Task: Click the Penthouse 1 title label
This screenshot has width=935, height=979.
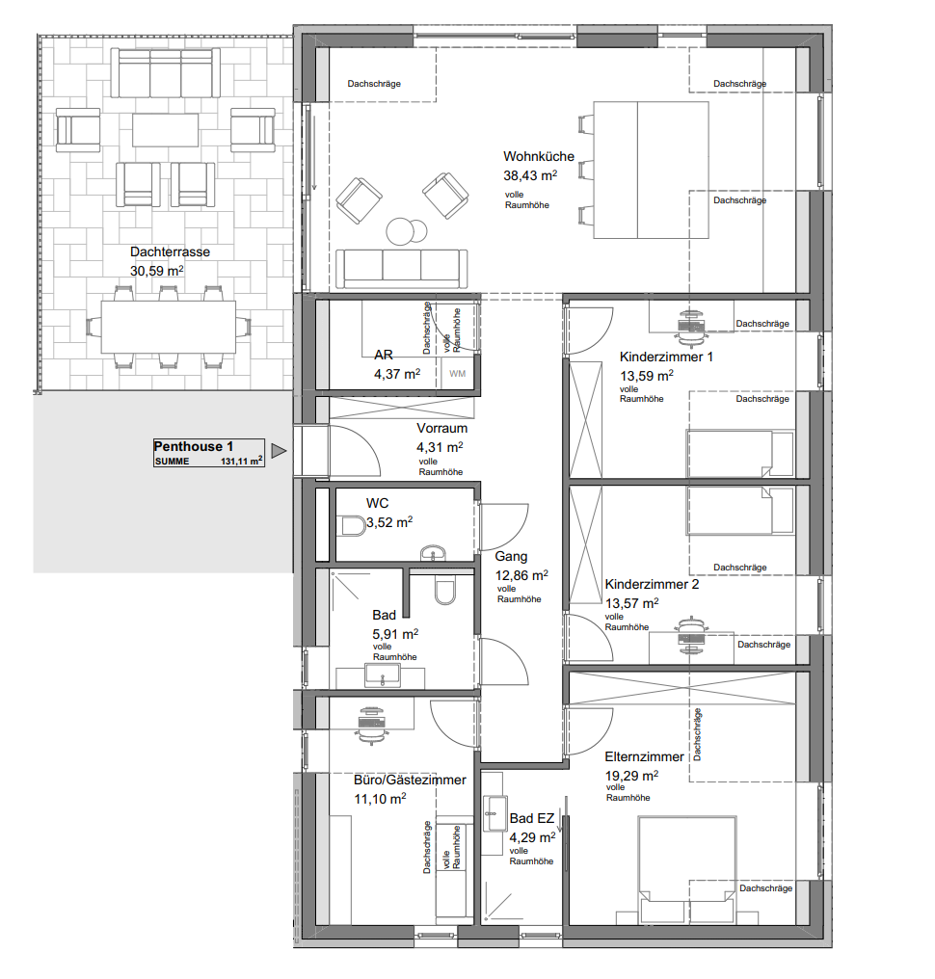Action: [193, 446]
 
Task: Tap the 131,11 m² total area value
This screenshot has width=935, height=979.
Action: [241, 461]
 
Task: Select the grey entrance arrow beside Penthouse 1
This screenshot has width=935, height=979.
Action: [280, 451]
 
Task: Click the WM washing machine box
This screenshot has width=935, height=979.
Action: [457, 374]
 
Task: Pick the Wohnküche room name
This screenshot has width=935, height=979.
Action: [539, 156]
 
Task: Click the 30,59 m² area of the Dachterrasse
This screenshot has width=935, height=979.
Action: [156, 271]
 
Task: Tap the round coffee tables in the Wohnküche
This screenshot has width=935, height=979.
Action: [406, 231]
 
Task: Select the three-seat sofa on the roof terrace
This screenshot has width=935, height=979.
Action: [166, 72]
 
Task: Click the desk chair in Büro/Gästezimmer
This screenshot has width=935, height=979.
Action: [372, 725]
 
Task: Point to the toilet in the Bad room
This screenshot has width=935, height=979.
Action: [444, 589]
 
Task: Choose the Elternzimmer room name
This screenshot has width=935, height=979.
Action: [644, 756]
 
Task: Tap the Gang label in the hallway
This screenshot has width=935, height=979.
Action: [511, 556]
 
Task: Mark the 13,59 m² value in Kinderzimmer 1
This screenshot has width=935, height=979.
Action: [647, 376]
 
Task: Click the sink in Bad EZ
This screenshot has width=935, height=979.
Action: [494, 813]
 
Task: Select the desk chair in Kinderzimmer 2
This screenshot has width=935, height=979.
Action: [691, 636]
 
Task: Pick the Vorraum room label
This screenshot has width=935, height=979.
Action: [441, 428]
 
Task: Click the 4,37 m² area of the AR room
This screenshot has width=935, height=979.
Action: [396, 374]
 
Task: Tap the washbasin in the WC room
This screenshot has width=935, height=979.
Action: [433, 553]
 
